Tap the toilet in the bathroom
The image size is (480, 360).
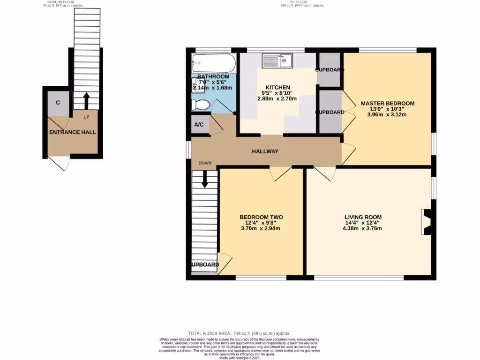click(x=201, y=104)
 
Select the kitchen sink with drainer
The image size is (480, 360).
click(x=277, y=61)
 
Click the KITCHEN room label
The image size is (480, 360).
click(x=278, y=88)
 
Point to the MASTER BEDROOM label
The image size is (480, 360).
click(x=387, y=103)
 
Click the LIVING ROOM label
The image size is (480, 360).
click(x=363, y=217)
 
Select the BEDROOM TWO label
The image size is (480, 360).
click(x=261, y=217)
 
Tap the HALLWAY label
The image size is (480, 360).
click(x=265, y=151)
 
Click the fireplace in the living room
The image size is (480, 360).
click(x=428, y=221)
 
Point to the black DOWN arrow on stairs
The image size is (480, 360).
click(x=205, y=179)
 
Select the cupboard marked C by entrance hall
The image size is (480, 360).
click(x=58, y=103)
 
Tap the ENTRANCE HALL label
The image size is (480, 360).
click(x=73, y=132)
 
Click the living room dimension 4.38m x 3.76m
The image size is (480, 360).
click(x=363, y=229)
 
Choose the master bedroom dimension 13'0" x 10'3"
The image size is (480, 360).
click(x=387, y=109)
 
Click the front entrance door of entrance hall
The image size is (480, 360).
click(x=60, y=163)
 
